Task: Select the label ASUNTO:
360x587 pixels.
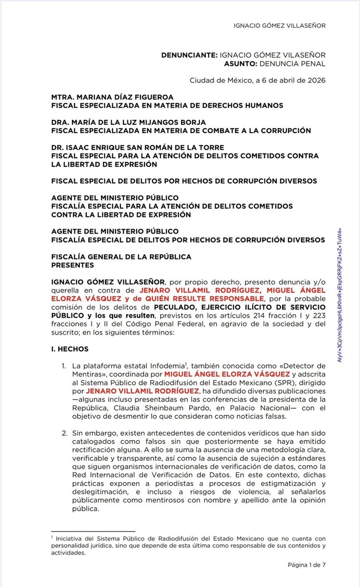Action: (x=231, y=64)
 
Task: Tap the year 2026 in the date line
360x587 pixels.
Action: (x=315, y=80)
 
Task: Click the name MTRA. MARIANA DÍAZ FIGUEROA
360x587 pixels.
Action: (x=112, y=97)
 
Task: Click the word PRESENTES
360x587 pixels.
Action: (x=72, y=265)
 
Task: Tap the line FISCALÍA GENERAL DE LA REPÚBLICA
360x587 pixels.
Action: (x=121, y=257)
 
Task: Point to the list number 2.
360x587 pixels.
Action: (x=64, y=433)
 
